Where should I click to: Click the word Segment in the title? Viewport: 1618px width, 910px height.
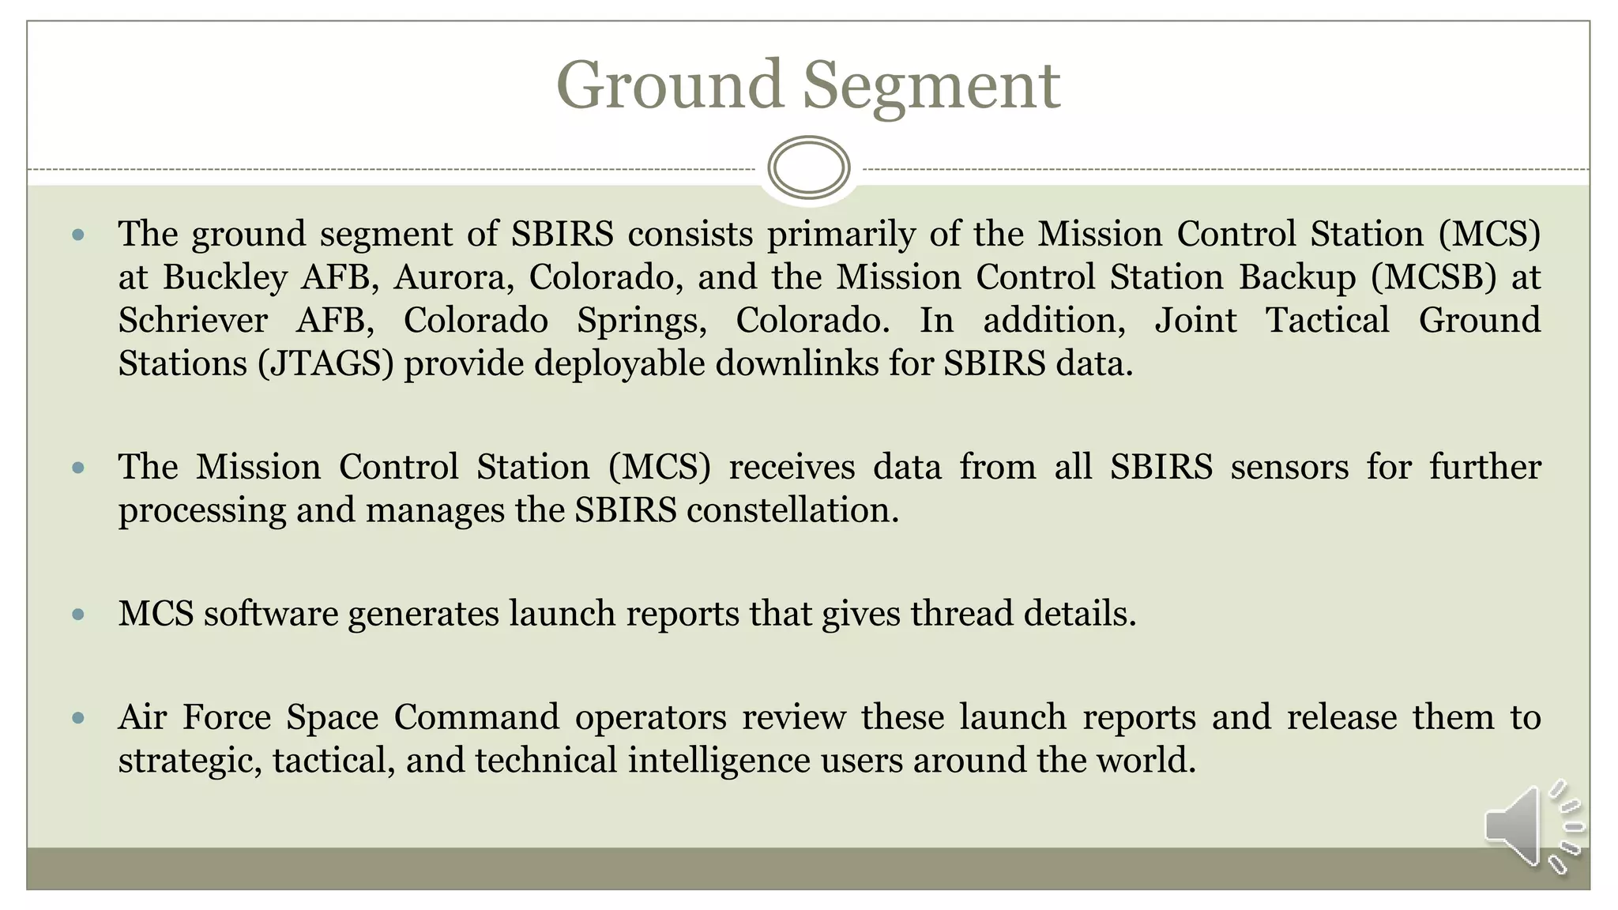931,87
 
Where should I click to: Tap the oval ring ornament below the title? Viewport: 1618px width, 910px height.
808,167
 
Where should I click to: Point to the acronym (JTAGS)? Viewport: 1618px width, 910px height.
325,364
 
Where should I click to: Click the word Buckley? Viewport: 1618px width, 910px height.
225,277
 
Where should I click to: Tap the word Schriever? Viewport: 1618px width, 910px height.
193,321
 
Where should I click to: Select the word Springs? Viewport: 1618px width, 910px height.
642,321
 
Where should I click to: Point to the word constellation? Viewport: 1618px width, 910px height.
792,510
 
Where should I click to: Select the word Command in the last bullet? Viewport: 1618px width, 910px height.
476,717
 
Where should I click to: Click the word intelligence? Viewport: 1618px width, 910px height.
719,761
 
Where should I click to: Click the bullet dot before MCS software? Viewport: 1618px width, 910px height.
77,614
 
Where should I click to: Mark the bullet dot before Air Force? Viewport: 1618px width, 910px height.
77,718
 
